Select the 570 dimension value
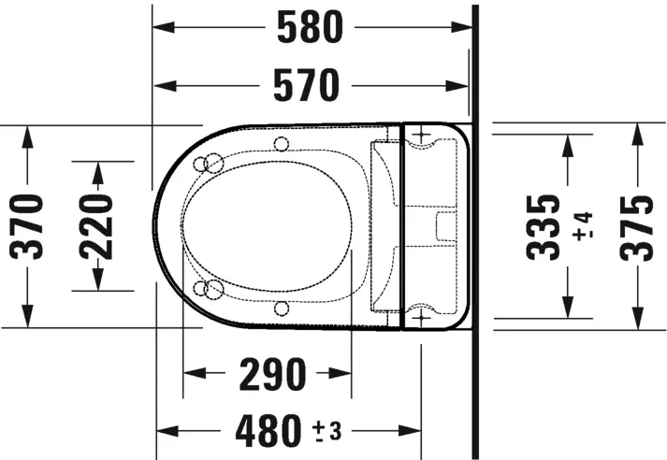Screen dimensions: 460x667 [307, 87]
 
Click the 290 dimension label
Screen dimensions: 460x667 [271, 375]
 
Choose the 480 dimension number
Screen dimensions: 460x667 [264, 431]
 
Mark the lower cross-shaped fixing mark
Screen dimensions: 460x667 [423, 319]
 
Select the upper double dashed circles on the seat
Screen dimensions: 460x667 [210, 164]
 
